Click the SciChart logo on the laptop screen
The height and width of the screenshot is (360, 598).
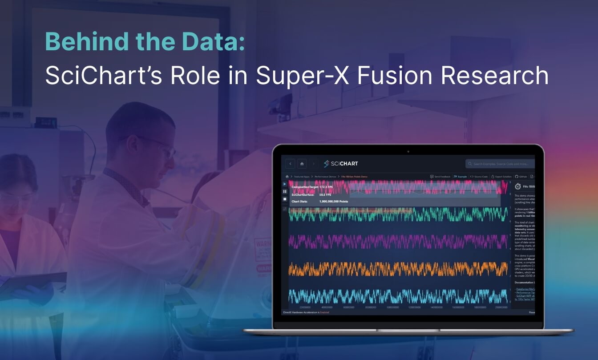[341, 164]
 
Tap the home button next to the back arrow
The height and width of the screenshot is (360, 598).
[302, 164]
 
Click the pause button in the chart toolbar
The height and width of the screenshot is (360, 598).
[285, 191]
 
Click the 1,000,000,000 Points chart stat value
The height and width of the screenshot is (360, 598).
[334, 202]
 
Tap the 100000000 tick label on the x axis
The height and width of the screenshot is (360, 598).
[392, 307]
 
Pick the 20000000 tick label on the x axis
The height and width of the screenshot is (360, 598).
[305, 307]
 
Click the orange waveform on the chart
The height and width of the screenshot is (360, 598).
[396, 269]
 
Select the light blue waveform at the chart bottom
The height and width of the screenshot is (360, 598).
[396, 296]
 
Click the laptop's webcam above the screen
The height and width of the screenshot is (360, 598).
[408, 151]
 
